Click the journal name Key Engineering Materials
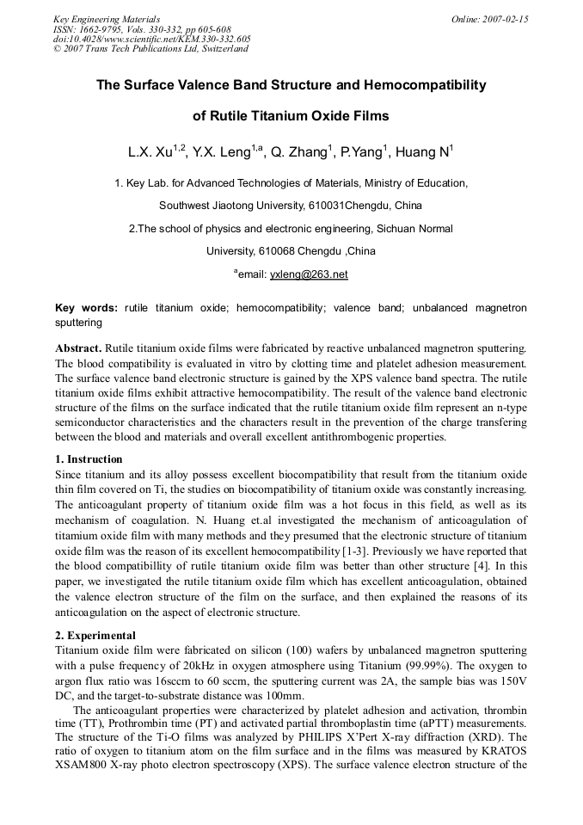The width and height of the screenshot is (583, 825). click(x=107, y=19)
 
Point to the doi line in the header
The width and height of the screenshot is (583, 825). click(x=151, y=39)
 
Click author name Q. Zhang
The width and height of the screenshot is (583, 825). click(x=298, y=153)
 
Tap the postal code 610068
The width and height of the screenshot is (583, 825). click(x=275, y=251)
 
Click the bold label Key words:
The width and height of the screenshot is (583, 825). click(x=86, y=307)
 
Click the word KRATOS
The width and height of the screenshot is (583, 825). click(x=505, y=752)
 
